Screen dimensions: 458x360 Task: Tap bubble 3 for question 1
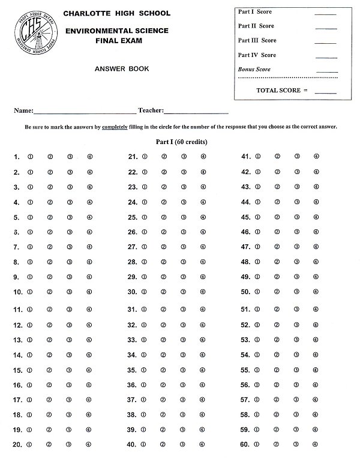(70, 157)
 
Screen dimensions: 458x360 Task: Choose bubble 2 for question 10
(50, 292)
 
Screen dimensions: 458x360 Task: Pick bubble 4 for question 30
(203, 292)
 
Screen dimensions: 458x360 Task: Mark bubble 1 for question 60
(259, 444)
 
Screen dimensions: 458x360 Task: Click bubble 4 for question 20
(89, 445)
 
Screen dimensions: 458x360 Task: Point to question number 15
(17, 370)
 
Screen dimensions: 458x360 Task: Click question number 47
(245, 247)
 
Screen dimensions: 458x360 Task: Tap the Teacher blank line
(196, 112)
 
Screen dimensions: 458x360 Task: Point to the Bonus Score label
(254, 70)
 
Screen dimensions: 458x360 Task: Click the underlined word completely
(115, 127)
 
